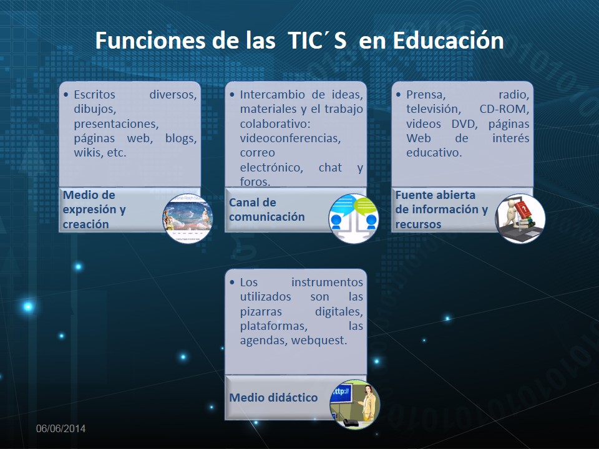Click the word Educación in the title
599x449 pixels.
pos(448,40)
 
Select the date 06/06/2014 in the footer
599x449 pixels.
pos(61,428)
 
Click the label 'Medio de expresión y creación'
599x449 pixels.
pos(94,210)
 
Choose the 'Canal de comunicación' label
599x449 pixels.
pos(266,210)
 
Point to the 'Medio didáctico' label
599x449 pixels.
pos(273,397)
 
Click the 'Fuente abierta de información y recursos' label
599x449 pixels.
pos(442,210)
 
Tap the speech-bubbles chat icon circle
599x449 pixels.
pos(354,218)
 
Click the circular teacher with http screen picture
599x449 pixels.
pos(355,404)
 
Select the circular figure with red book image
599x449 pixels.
pos(520,218)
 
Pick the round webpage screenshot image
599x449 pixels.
pos(188,218)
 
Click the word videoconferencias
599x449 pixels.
pos(290,138)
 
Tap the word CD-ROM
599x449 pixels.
pos(504,109)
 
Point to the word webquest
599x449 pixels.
pos(319,340)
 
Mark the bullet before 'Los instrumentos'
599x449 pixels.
pos(232,282)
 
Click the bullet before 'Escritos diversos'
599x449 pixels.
pos(67,94)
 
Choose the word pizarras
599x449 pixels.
pos(261,312)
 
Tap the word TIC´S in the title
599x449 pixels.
pos(317,40)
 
